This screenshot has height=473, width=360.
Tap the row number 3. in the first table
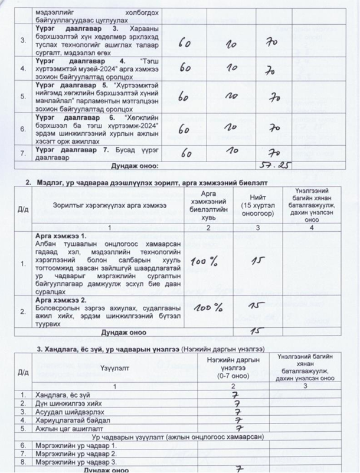[22, 40]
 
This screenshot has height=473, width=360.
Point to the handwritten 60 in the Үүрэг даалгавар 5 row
[185, 97]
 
